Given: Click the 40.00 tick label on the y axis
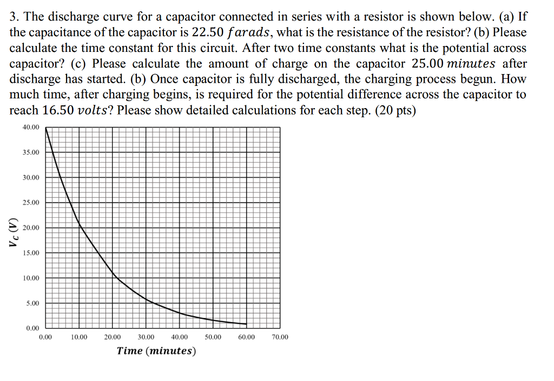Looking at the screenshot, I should click(x=31, y=127).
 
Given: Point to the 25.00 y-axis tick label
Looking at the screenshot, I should click(x=31, y=203).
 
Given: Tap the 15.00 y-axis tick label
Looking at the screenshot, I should click(x=31, y=253).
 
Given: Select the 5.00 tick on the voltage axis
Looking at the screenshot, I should click(x=32, y=303).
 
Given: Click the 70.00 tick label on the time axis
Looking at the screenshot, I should click(x=280, y=337).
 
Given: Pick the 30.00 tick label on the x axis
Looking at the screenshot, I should click(x=146, y=337).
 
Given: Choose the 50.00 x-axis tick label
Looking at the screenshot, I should click(x=213, y=337).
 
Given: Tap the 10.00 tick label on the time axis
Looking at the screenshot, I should click(x=79, y=337).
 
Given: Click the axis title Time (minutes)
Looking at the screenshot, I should click(x=156, y=351).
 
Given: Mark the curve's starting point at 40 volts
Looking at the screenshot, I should click(x=46, y=128).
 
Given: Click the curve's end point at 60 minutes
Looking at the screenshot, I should click(x=247, y=324).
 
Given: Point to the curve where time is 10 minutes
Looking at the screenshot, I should click(x=79, y=222).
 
